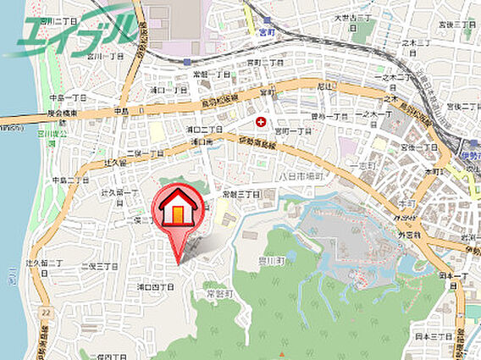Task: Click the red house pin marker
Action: (176, 212)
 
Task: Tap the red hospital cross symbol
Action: (259, 123)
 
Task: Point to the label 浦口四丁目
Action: (156, 287)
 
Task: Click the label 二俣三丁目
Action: (99, 266)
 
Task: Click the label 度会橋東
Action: (62, 114)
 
